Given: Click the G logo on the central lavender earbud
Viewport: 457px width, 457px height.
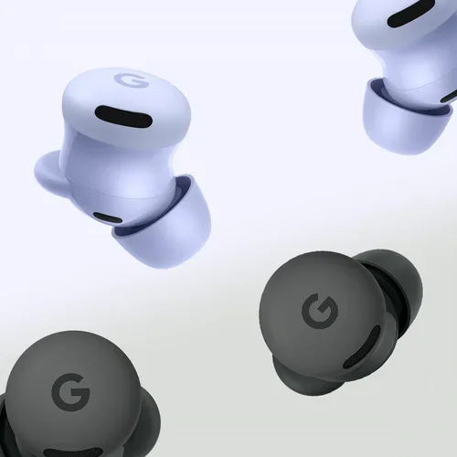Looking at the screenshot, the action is point(132,80).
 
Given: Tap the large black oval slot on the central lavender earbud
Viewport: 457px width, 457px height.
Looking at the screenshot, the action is point(123,116).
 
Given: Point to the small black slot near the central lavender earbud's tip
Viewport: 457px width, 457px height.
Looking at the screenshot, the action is point(107,218).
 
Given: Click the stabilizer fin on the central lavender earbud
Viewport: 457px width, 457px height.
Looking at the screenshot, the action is point(48,171).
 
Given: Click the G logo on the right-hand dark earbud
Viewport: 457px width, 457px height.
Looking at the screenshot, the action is point(320,311).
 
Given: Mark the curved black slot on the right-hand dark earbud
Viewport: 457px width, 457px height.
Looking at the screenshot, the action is point(363,347).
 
